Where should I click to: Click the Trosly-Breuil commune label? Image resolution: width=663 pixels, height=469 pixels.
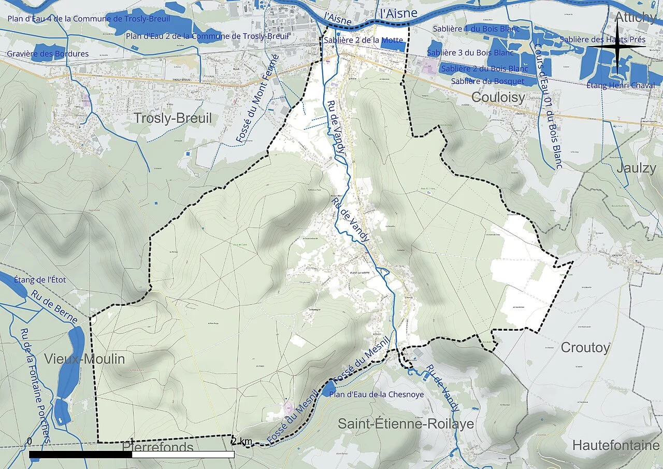point(172,118)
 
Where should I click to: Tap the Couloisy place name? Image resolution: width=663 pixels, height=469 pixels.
point(498,97)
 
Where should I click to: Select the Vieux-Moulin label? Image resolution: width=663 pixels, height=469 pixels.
point(84,359)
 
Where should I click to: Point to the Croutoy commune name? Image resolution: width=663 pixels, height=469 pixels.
point(585,348)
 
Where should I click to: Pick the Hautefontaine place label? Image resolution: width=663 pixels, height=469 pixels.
point(616,445)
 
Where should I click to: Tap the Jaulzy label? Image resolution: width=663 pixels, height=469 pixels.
point(636,168)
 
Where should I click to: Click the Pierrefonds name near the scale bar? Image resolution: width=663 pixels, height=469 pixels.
point(157,447)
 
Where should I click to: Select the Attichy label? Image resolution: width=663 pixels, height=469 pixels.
point(635,17)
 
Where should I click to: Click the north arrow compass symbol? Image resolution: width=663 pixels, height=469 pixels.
point(617,47)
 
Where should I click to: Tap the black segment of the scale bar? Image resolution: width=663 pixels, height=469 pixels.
point(80,454)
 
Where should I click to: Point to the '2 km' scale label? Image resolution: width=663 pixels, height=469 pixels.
point(241,442)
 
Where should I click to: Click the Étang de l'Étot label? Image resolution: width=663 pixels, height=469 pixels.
point(40,280)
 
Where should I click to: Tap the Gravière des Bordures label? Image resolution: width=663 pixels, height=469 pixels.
point(48,54)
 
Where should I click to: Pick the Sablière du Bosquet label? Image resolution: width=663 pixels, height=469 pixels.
point(487,81)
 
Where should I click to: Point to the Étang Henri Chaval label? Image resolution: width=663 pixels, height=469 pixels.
point(621,86)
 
